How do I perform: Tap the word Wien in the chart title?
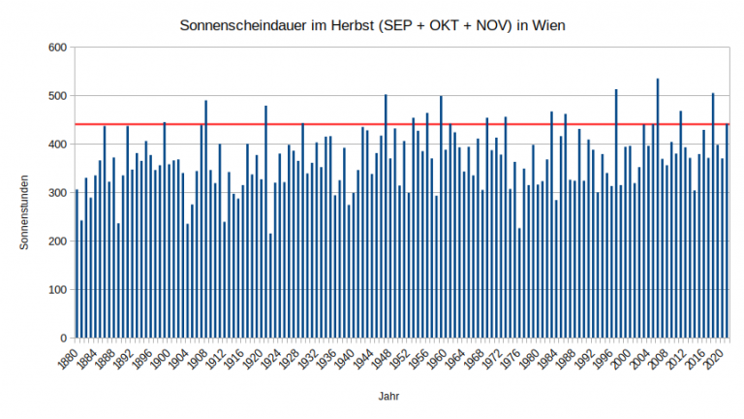click(x=547, y=23)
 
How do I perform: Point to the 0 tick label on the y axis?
click(x=61, y=338)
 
